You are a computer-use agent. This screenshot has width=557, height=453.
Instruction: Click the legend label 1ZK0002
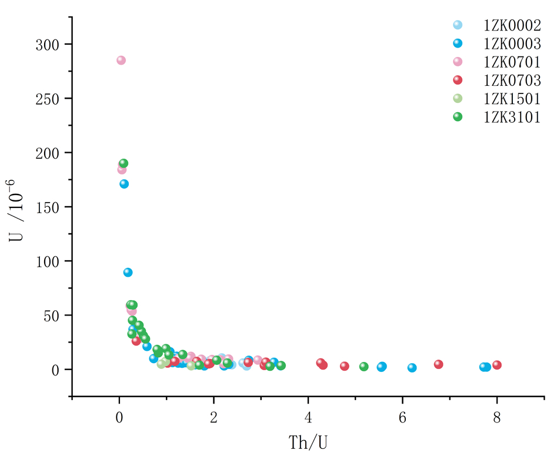[x=512, y=25]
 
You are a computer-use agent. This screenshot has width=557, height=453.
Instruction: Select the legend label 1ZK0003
[x=512, y=43]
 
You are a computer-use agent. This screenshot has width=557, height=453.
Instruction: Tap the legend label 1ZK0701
[x=512, y=62]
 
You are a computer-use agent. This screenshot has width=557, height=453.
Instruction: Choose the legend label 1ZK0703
[x=512, y=80]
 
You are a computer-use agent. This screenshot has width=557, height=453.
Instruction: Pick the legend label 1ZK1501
[x=512, y=98]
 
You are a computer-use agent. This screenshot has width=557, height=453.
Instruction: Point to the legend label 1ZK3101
[x=512, y=116]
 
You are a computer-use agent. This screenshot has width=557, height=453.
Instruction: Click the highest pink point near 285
[x=121, y=61]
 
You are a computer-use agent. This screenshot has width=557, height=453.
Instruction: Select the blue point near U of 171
[x=124, y=184]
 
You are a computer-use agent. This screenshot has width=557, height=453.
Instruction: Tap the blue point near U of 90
[x=128, y=272]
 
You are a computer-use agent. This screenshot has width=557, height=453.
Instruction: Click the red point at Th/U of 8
[x=497, y=365]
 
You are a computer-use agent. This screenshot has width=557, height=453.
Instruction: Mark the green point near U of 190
[x=124, y=163]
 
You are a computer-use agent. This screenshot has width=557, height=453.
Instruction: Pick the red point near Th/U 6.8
[x=439, y=364]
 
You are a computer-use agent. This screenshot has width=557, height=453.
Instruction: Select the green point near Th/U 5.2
[x=364, y=367]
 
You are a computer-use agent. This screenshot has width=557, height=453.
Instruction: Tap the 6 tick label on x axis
[x=402, y=418]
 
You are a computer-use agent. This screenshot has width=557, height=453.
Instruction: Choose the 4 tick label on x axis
[x=308, y=418]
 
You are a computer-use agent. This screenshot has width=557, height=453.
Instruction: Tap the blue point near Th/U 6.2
[x=412, y=368]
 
